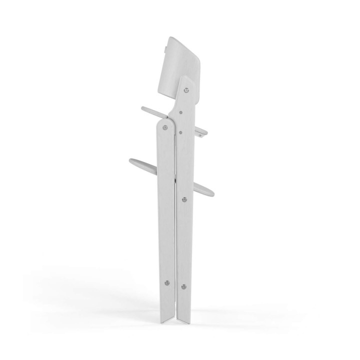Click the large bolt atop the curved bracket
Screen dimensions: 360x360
186,90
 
